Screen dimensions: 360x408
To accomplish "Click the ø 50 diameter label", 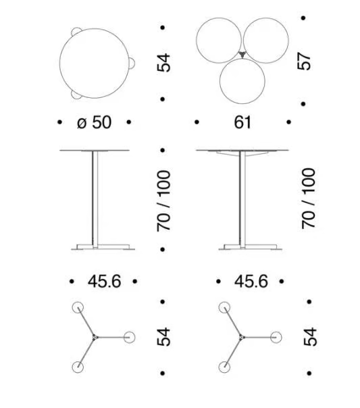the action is coord(94,122).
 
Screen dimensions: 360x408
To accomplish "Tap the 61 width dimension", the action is coord(242,122).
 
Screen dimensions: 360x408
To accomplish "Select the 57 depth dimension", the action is coord(304,61).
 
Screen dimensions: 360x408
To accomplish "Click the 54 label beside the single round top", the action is coord(163,63).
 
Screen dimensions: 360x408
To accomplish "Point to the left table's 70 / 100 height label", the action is coord(163,201).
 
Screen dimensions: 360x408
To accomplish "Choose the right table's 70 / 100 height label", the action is coord(309,199).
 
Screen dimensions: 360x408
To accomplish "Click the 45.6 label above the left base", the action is coord(104,281).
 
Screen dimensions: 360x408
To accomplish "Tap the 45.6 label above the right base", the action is coord(251,281).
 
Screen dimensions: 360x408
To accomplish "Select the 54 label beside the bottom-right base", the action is coord(310,337).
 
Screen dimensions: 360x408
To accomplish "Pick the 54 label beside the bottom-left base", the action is coord(163,337).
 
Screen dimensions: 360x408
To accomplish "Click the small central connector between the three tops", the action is coord(242,55).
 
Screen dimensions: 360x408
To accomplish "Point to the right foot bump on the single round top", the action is coord(132,63).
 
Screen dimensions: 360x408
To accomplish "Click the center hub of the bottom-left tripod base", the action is coord(95,338).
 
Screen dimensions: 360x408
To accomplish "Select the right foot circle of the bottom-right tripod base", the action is coord(276,338).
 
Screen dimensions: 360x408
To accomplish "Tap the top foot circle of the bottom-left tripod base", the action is coord(78,307).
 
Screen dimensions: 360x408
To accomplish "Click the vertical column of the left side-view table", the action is coord(95,199).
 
